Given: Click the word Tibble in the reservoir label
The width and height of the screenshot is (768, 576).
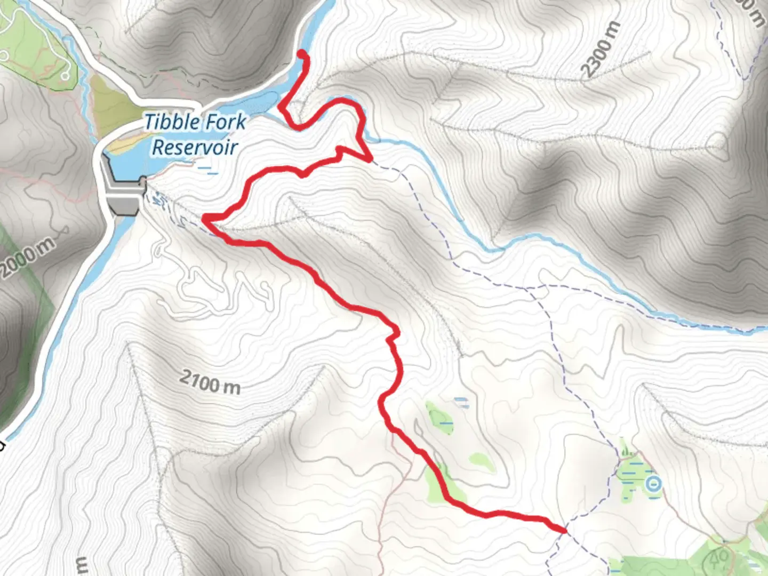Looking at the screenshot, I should (171, 122).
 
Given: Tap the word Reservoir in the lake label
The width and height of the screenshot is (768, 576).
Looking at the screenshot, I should (195, 147).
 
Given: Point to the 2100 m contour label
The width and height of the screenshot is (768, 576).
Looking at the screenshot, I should (210, 382).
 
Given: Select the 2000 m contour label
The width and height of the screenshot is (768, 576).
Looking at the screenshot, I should (28, 258).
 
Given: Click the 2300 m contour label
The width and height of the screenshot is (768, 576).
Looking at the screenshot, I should (601, 50).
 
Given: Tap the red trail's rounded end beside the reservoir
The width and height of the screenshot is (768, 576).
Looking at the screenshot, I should (302, 53).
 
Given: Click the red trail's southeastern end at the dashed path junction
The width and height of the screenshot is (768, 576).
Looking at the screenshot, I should (564, 530).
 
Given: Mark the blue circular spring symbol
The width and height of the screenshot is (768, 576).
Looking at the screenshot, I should (653, 484).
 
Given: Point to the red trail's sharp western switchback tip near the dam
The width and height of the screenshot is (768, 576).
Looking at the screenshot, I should (204, 218).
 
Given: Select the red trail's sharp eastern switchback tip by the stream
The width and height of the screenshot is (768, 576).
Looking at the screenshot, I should (370, 159).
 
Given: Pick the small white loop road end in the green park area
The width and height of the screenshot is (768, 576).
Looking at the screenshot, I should (65, 76).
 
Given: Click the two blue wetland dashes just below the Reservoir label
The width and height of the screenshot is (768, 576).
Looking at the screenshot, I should (208, 170).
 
